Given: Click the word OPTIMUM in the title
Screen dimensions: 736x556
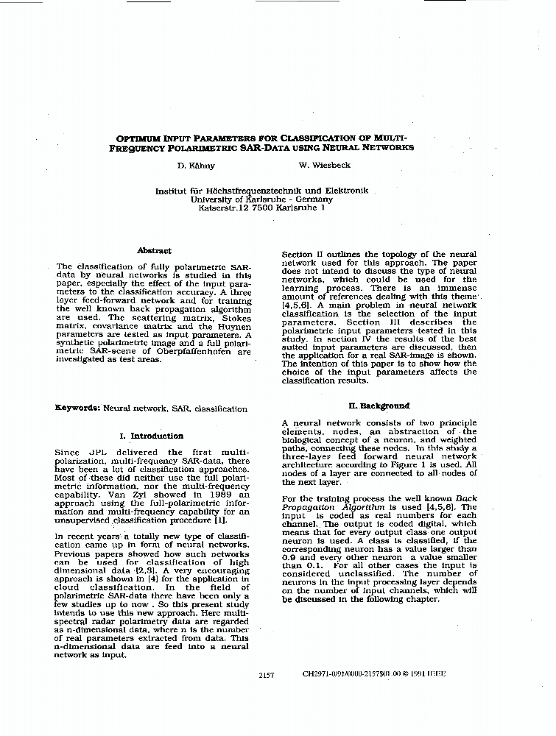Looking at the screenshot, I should [x=141, y=138].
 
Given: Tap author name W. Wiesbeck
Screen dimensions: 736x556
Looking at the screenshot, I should [x=320, y=166].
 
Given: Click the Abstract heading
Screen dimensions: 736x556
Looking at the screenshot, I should [x=154, y=251].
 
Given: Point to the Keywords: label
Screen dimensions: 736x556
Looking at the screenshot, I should [x=77, y=408].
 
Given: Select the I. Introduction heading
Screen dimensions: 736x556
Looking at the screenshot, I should [x=152, y=436].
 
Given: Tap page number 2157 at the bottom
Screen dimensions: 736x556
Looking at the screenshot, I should [x=267, y=674].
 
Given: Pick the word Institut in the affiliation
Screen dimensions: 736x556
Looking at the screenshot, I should [x=171, y=191].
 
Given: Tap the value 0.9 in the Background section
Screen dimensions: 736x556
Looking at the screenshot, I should [x=289, y=557].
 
